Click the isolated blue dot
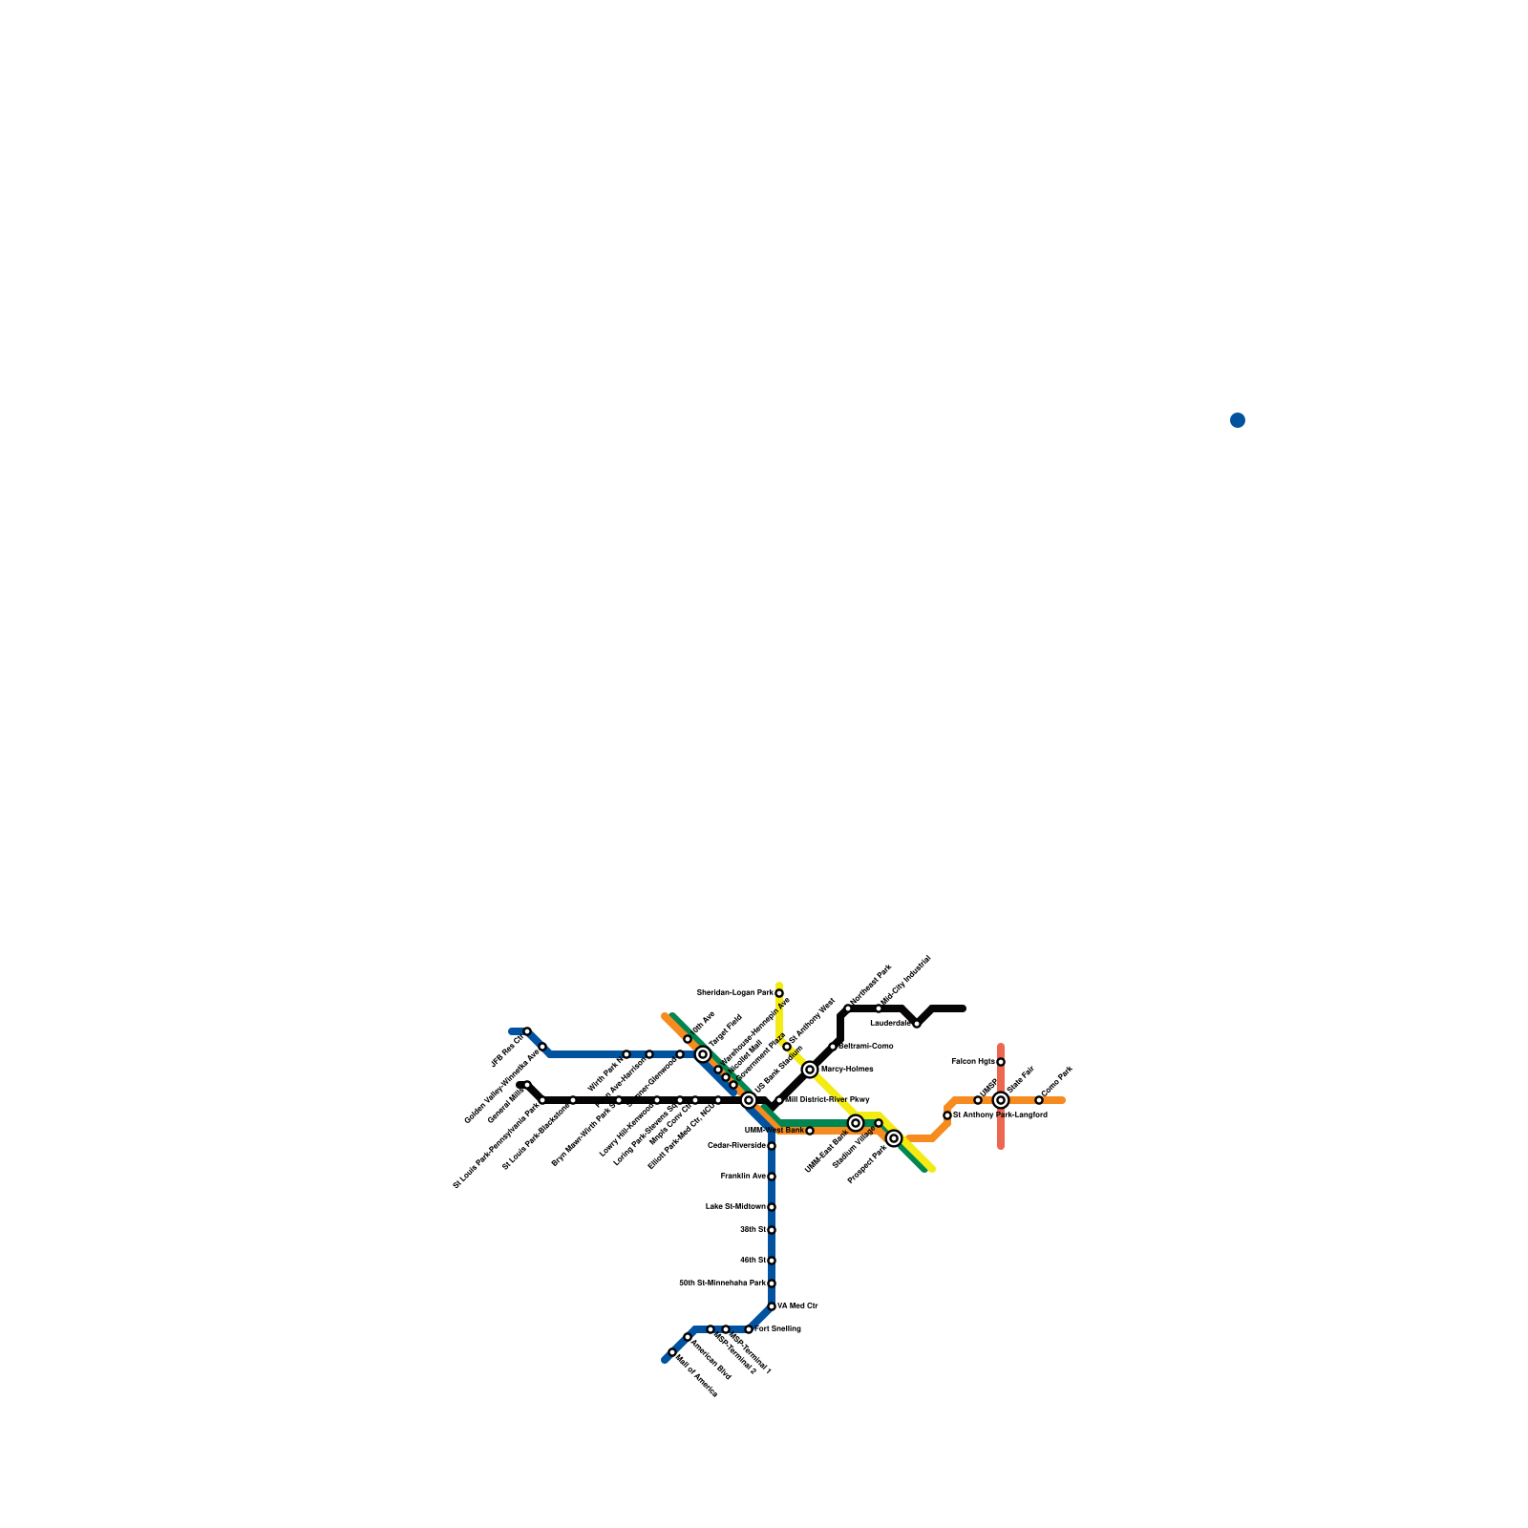1238,420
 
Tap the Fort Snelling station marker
749,1329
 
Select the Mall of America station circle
672,1352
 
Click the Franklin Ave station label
743,1177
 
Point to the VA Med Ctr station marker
772,1306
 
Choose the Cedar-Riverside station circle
772,1146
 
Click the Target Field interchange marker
703,1054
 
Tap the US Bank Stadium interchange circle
749,1100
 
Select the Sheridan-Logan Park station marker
779,993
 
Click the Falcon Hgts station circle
1001,1062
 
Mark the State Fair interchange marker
1001,1100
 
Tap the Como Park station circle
1039,1100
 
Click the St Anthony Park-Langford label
1001,1115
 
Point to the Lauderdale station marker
917,1024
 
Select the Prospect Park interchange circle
894,1138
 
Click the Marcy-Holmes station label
847,1070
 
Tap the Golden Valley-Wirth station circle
542,1047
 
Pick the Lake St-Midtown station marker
772,1207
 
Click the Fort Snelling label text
778,1329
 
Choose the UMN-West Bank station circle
810,1131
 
